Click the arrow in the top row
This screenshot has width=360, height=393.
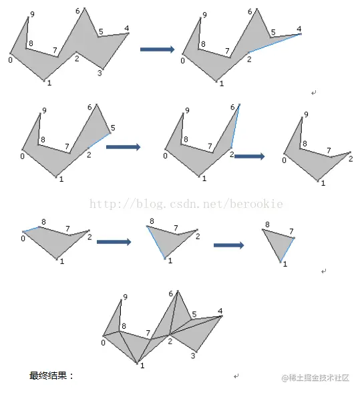tap(157, 49)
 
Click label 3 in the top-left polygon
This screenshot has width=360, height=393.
tap(100, 73)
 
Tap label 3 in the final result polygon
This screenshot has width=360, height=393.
tap(193, 356)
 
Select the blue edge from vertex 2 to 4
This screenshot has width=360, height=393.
tap(275, 43)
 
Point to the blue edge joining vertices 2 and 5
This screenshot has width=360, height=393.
tap(100, 140)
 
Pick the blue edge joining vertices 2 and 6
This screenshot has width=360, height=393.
tap(236, 126)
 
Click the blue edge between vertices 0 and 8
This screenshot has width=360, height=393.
tap(31, 229)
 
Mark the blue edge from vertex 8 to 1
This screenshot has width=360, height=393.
tap(156, 243)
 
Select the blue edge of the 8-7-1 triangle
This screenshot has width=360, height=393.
tap(287, 250)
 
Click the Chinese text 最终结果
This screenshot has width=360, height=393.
tap(48, 376)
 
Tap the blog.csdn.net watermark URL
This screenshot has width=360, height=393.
tap(186, 204)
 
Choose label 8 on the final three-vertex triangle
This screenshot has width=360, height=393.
tap(267, 225)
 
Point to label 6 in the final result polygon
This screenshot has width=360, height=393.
tap(171, 293)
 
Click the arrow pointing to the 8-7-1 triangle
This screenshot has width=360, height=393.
tap(228, 245)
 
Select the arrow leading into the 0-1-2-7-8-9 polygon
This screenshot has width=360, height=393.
tap(250, 156)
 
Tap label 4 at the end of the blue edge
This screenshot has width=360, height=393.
tap(299, 29)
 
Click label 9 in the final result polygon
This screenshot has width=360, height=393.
tap(126, 297)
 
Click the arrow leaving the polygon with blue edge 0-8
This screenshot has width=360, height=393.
tap(114, 242)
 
